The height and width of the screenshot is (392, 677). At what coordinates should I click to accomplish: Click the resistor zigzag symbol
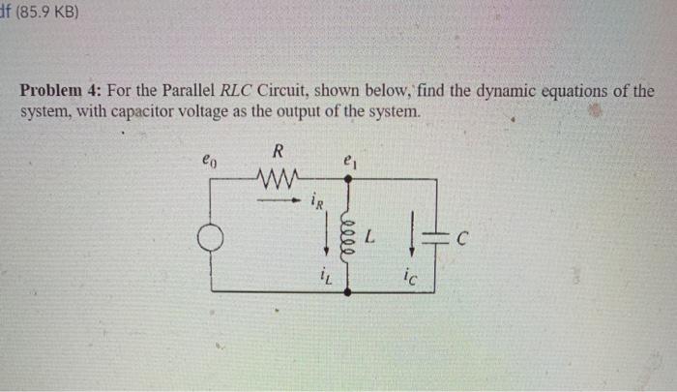pyautogui.click(x=279, y=176)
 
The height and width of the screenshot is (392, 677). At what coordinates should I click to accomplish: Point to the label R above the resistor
pyautogui.click(x=278, y=151)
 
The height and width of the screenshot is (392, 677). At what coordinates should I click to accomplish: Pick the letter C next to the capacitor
pyautogui.click(x=465, y=235)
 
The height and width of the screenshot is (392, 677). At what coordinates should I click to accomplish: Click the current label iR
pyautogui.click(x=317, y=202)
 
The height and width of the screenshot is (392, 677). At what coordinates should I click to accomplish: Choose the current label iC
pyautogui.click(x=414, y=277)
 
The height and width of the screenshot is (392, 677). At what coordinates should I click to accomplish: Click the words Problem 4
pyautogui.click(x=61, y=92)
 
